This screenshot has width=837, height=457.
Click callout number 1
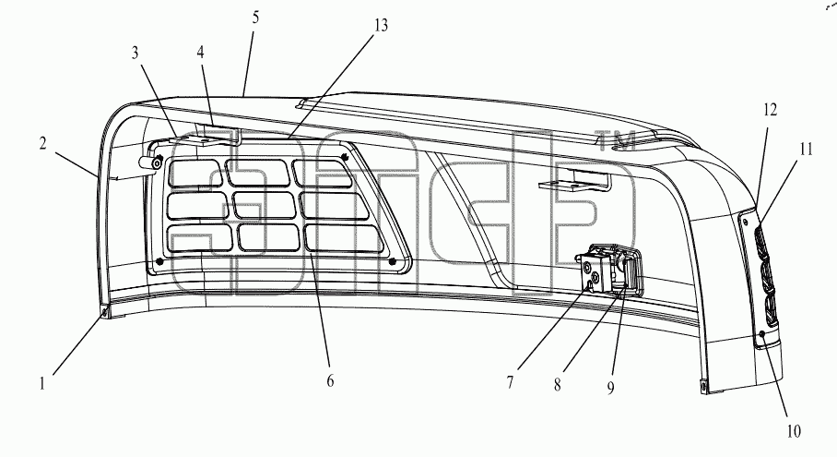42,384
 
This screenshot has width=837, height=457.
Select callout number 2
42,143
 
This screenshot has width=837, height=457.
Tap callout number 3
136,53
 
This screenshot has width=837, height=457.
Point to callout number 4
200,53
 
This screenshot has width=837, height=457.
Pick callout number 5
255,18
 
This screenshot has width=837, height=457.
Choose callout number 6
330,380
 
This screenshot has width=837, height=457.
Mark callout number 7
511,382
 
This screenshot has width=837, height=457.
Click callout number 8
558,385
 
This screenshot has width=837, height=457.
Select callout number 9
610,388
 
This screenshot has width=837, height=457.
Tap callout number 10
794,431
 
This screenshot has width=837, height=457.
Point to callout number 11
806,150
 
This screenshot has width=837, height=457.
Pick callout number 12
770,110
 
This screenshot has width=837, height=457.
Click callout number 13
381,26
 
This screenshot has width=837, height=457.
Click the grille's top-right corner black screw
346,157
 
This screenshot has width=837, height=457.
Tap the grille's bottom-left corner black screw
159,260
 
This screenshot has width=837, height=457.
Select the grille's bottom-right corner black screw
393,261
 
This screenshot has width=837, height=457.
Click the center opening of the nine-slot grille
265,205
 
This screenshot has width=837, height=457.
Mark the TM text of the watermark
615,141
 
